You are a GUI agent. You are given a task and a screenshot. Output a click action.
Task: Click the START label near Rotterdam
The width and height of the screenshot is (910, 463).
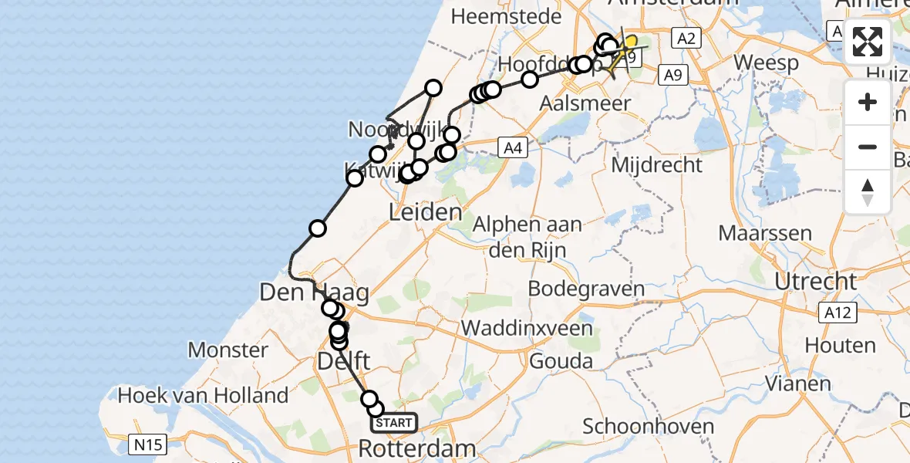point(393,423)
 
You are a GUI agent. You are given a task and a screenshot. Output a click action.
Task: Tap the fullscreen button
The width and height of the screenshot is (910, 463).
point(868,42)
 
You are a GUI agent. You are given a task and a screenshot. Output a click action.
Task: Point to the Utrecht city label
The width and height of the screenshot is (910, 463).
point(815,281)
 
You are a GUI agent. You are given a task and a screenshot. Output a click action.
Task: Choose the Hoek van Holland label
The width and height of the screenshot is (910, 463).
point(203,396)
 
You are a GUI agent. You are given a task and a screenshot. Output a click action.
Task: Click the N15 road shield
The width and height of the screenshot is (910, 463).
point(147,444)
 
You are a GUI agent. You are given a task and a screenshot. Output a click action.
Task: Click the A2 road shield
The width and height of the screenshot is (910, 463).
point(685,38)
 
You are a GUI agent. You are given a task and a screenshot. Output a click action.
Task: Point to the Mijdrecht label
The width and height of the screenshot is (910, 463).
point(656,165)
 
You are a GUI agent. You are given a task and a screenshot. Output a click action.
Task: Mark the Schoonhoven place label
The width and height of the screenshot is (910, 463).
point(642,426)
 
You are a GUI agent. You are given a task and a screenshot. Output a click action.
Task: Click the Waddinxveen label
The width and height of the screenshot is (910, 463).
point(527,327)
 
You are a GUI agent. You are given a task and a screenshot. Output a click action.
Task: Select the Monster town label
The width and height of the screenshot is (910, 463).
point(228,350)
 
